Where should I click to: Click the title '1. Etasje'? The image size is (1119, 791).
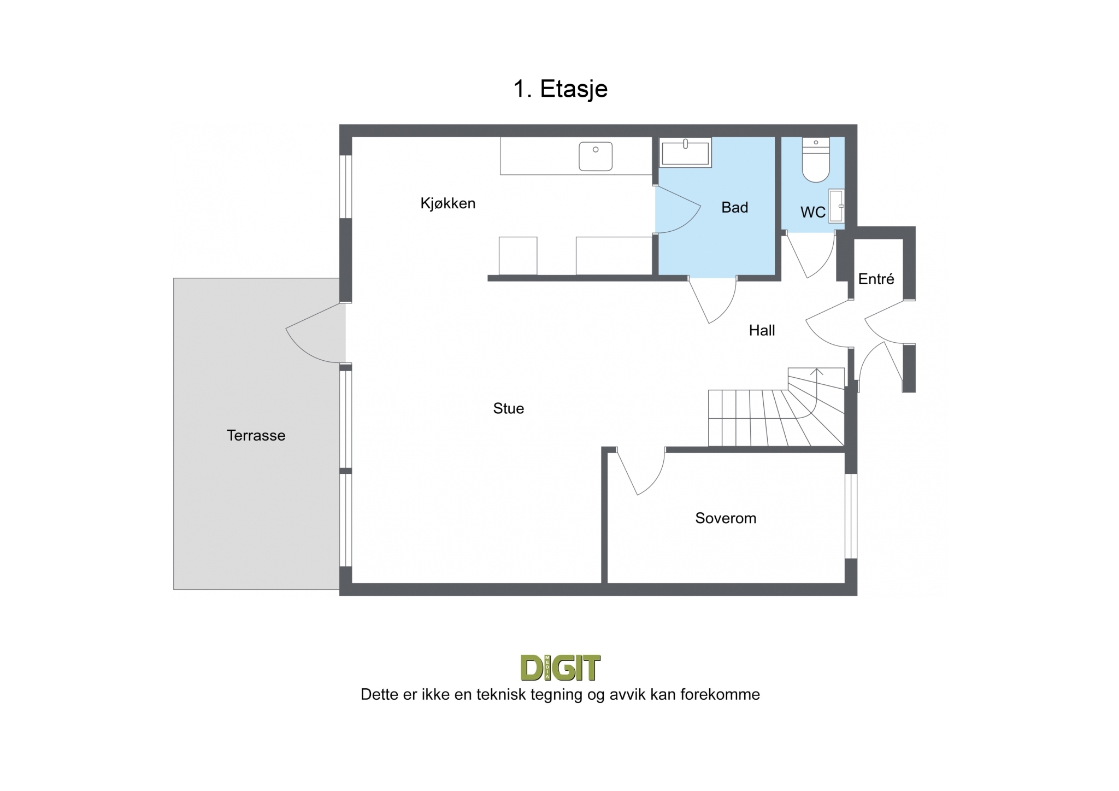pos(560,89)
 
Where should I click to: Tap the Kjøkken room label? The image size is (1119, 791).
pos(448,203)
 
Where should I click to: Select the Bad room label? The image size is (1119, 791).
pos(734,207)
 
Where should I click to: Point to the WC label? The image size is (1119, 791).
pos(813,212)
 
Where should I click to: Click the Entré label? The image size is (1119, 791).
pos(876,279)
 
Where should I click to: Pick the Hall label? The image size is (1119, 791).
pos(762,330)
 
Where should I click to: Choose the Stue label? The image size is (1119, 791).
pos(508,408)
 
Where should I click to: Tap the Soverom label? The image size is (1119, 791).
pos(726,518)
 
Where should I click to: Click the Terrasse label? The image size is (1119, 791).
pos(256,436)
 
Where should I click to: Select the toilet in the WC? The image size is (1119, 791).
pos(816,160)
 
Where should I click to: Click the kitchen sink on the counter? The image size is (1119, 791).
pos(596,156)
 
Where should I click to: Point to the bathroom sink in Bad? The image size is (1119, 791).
pos(686,152)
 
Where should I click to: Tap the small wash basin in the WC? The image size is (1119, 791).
pos(837,206)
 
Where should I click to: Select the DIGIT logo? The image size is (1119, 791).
pos(561,667)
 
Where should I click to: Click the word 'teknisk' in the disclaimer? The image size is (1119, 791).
pos(500,695)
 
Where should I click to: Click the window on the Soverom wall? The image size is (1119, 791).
pos(851,515)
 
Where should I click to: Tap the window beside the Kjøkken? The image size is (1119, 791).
pos(345,187)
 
